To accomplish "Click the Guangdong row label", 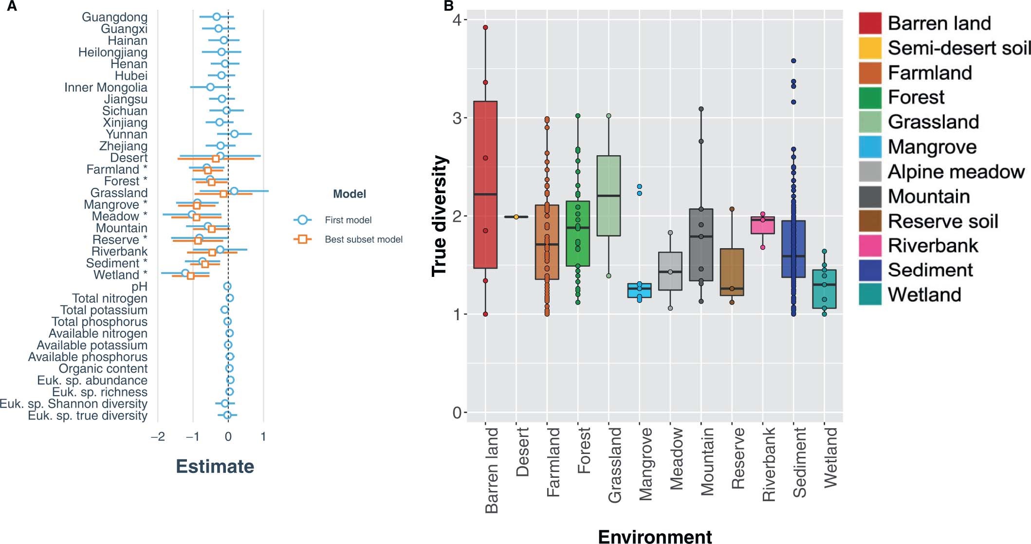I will [x=114, y=17].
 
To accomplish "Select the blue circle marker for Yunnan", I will [x=234, y=134].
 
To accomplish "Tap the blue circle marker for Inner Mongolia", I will [x=210, y=87].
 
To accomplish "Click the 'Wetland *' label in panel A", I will [x=120, y=275].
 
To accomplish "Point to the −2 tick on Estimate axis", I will [x=158, y=436].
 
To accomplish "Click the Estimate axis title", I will [x=215, y=466].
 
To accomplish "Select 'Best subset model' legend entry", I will [x=363, y=239].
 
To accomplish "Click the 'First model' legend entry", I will [x=348, y=220].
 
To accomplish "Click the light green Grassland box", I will [x=608, y=196].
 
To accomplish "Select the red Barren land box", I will [x=485, y=185].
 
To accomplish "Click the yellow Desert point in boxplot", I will [x=516, y=217].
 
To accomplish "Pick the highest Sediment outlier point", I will [x=793, y=61].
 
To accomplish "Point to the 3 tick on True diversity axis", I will [x=457, y=118].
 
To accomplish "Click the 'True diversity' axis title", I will [x=440, y=216].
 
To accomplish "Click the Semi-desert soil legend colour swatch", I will [x=870, y=48].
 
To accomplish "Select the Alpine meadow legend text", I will [x=956, y=172].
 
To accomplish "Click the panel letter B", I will [x=448, y=6].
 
